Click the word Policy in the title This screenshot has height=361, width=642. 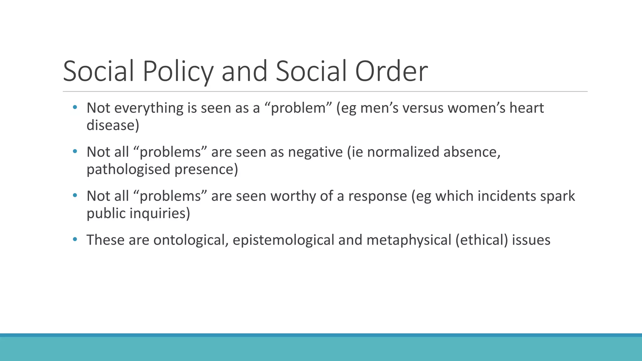[x=178, y=71]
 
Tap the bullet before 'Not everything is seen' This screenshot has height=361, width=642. [x=75, y=107]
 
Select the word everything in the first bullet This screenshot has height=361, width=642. [x=149, y=108]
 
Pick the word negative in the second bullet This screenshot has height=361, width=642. [x=315, y=152]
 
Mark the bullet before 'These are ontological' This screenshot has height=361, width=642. [x=75, y=239]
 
